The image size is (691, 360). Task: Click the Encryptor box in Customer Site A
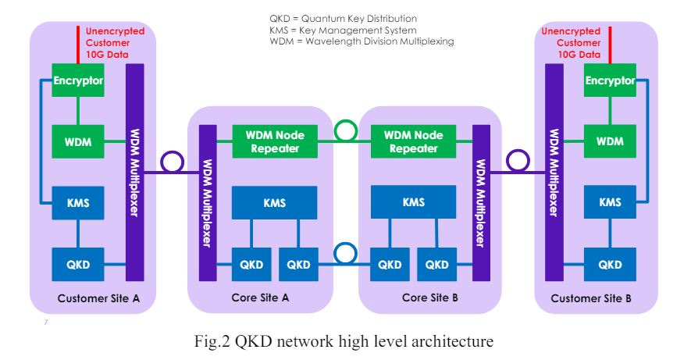click(x=78, y=80)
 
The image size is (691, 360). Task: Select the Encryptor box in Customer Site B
click(x=610, y=80)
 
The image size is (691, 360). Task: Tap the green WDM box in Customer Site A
click(x=78, y=141)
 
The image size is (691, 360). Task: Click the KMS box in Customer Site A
click(x=78, y=203)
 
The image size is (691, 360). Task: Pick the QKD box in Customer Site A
click(x=78, y=265)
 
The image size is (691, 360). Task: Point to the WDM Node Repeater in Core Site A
click(x=275, y=141)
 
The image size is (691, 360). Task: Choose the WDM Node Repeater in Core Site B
click(x=413, y=141)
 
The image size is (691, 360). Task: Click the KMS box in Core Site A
click(x=275, y=203)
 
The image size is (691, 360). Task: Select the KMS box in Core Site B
click(x=413, y=202)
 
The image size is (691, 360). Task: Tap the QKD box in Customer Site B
click(x=610, y=265)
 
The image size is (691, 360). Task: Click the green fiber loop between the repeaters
click(x=345, y=121)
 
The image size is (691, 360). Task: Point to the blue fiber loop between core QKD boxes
click(x=345, y=244)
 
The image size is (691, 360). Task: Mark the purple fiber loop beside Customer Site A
click(x=172, y=152)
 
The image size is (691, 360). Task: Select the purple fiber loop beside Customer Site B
click(x=518, y=151)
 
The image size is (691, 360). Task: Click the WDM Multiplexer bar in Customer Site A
click(x=135, y=173)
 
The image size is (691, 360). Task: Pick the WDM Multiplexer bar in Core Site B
click(x=481, y=203)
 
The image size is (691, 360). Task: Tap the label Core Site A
click(x=260, y=298)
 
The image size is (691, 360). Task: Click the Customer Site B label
click(x=590, y=298)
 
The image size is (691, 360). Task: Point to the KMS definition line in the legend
click(x=343, y=30)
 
